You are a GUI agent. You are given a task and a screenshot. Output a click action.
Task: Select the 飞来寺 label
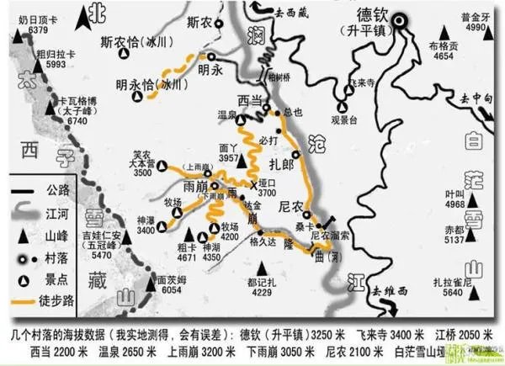click(x=362, y=84)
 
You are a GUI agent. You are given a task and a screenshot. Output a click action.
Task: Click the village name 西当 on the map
click(x=250, y=99)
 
